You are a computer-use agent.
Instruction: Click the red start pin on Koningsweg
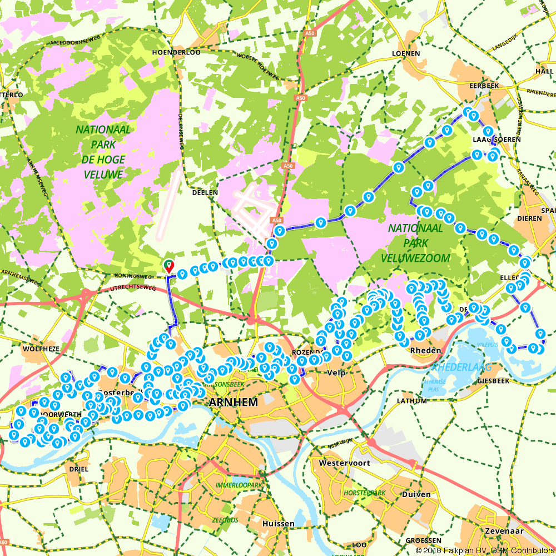click(168, 266)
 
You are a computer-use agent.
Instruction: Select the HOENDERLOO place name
click(176, 52)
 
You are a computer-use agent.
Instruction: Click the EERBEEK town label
click(484, 86)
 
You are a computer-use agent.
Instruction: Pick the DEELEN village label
click(204, 192)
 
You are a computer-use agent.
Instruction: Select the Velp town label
click(337, 373)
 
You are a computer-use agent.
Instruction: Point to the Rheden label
click(425, 350)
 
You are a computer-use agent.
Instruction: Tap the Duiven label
click(418, 494)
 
